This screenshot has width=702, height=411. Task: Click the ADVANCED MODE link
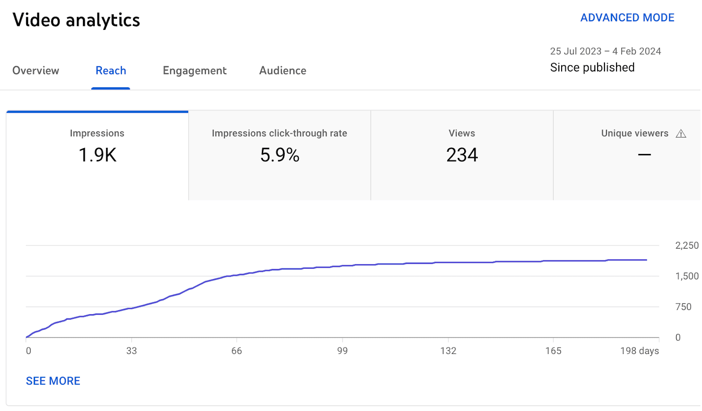(627, 18)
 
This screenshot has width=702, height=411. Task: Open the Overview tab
(36, 71)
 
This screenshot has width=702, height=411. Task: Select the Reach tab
(111, 71)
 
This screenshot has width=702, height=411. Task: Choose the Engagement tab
(194, 71)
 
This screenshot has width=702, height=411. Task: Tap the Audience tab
(283, 71)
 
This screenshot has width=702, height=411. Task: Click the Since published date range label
(592, 68)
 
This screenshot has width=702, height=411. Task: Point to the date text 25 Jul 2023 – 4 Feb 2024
(605, 51)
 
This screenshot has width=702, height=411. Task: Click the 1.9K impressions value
(97, 155)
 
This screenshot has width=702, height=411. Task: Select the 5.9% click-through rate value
(279, 155)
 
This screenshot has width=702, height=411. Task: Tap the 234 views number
(462, 155)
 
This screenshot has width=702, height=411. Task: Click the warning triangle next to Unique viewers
(681, 134)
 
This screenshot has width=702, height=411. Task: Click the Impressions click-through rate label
(279, 133)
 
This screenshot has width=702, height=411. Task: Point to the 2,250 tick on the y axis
(686, 246)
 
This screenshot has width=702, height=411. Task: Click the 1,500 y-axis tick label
(686, 276)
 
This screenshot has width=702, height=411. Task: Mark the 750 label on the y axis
(683, 307)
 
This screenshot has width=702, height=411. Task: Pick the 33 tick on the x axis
(131, 351)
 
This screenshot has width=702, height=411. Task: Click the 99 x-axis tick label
(342, 351)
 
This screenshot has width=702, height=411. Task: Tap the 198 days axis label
(639, 351)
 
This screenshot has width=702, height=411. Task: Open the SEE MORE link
(53, 381)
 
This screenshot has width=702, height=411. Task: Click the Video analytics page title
(76, 20)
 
